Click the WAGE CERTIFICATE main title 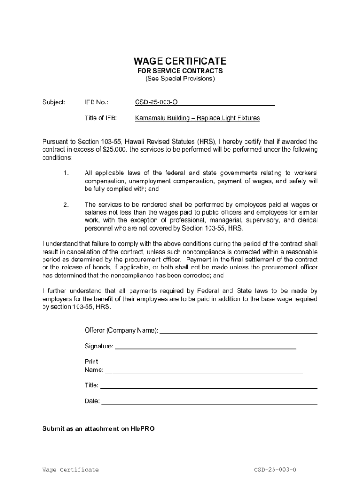pos(180,61)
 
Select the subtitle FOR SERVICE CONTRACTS pos(180,71)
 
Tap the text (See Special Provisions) pos(180,79)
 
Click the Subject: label pos(54,102)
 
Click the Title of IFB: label pos(101,118)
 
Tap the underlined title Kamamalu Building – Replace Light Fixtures pos(197,118)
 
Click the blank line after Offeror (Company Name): pos(238,332)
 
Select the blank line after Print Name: pos(204,371)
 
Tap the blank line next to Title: pos(209,386)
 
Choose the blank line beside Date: pos(209,402)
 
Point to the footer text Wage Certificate pos(70,470)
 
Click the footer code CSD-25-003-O pos(275,470)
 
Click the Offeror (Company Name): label pos(121,331)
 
